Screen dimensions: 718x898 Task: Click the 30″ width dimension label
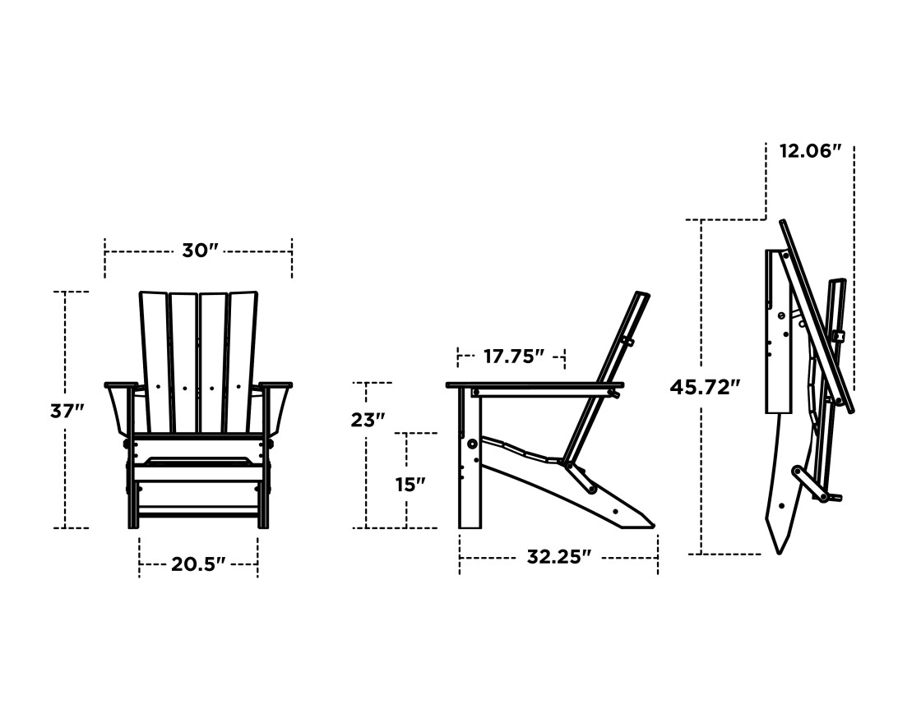[x=199, y=251]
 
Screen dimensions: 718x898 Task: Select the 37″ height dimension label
[x=67, y=410]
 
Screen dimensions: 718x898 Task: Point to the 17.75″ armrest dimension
[x=513, y=356]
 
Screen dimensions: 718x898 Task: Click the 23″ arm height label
[x=368, y=420]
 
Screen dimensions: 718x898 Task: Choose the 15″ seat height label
[x=410, y=484]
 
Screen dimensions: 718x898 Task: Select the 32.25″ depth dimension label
[x=558, y=557]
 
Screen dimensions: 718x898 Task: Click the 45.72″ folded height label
[x=705, y=387]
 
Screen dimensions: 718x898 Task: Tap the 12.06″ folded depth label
[x=810, y=150]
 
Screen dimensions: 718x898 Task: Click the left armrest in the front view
[x=120, y=384]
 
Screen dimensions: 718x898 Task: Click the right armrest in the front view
[x=275, y=384]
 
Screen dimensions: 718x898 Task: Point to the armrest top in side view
[x=535, y=384]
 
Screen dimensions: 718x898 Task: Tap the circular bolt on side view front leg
[x=473, y=444]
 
